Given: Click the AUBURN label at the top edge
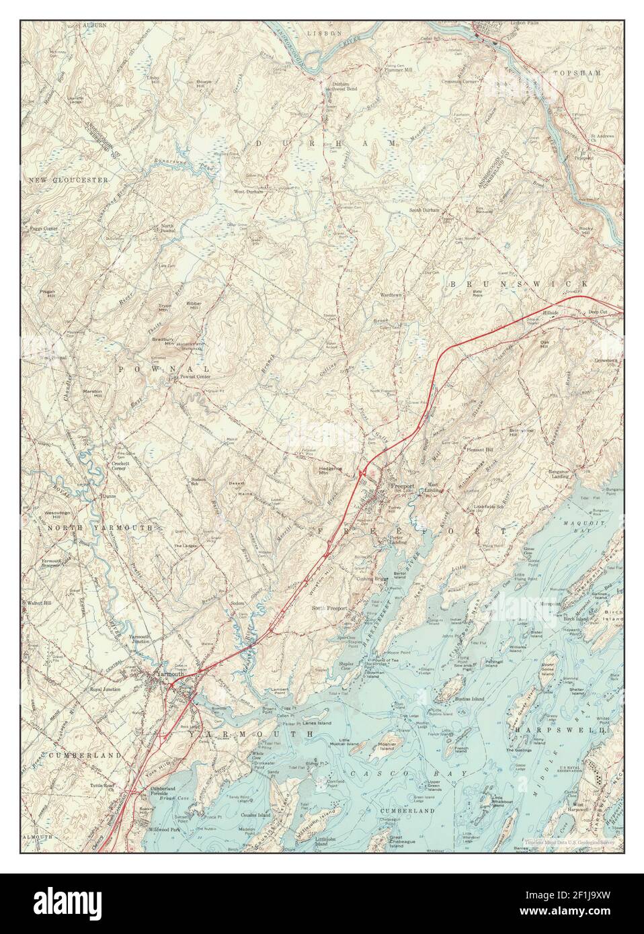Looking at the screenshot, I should click(x=95, y=25).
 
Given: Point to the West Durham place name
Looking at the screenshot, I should click(x=248, y=192).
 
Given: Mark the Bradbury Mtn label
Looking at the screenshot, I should click(x=165, y=340).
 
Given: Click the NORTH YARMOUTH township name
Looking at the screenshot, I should click(x=98, y=529).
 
